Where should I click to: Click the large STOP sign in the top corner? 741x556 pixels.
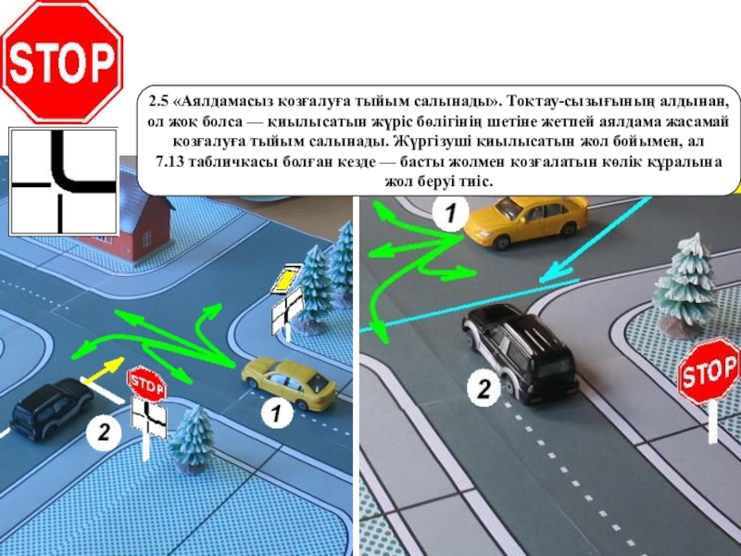pos(62,62)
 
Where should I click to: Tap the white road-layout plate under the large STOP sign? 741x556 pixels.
pos(63,182)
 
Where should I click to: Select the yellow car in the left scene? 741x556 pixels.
pos(289,384)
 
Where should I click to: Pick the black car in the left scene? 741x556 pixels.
pos(52,409)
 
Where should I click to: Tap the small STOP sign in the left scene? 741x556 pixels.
pos(146,384)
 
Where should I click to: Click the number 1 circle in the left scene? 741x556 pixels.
pos(276,414)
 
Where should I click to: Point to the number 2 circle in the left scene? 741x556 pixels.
pos(103,433)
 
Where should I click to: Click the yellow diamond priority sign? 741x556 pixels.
pos(286,279)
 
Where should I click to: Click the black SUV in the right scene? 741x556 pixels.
pos(520,352)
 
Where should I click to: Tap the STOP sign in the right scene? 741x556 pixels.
pos(709,370)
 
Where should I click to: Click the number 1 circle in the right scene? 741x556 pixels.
pos(451,213)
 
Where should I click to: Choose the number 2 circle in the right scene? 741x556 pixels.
pos(484,389)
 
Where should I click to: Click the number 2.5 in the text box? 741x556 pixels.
pos(158,101)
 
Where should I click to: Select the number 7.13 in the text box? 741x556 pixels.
pos(170,161)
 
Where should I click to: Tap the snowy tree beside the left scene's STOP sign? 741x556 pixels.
pos(193,438)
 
